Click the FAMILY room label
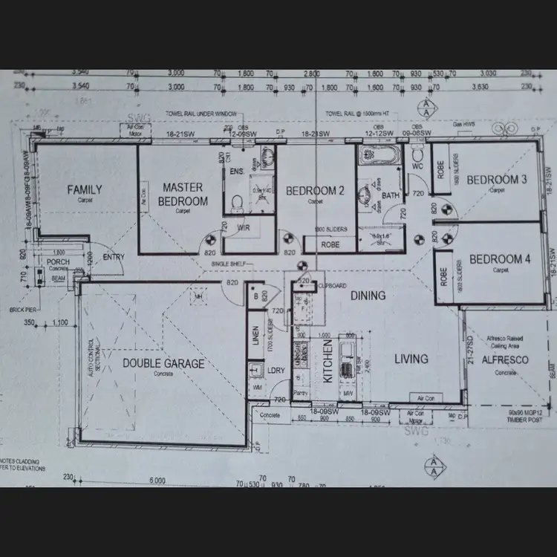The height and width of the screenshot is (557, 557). pyautogui.click(x=84, y=189)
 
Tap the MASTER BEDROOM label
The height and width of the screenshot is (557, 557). pyautogui.click(x=183, y=194)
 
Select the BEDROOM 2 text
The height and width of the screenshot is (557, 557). pyautogui.click(x=316, y=191)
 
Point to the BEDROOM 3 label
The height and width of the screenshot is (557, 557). pyautogui.click(x=497, y=180)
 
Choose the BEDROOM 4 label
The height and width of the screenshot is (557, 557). pyautogui.click(x=499, y=259)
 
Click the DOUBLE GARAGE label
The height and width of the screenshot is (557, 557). pyautogui.click(x=163, y=363)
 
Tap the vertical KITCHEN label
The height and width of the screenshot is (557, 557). pyautogui.click(x=328, y=362)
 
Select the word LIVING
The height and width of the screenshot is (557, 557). pyautogui.click(x=411, y=359)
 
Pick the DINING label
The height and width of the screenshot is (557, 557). pyautogui.click(x=368, y=296)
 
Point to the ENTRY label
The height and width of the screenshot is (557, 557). pyautogui.click(x=114, y=257)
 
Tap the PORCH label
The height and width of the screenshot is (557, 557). pyautogui.click(x=58, y=262)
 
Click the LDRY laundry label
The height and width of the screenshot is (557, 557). pyautogui.click(x=276, y=370)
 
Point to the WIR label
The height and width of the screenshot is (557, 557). pyautogui.click(x=243, y=229)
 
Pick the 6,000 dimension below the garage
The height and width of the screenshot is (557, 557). pyautogui.click(x=157, y=481)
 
